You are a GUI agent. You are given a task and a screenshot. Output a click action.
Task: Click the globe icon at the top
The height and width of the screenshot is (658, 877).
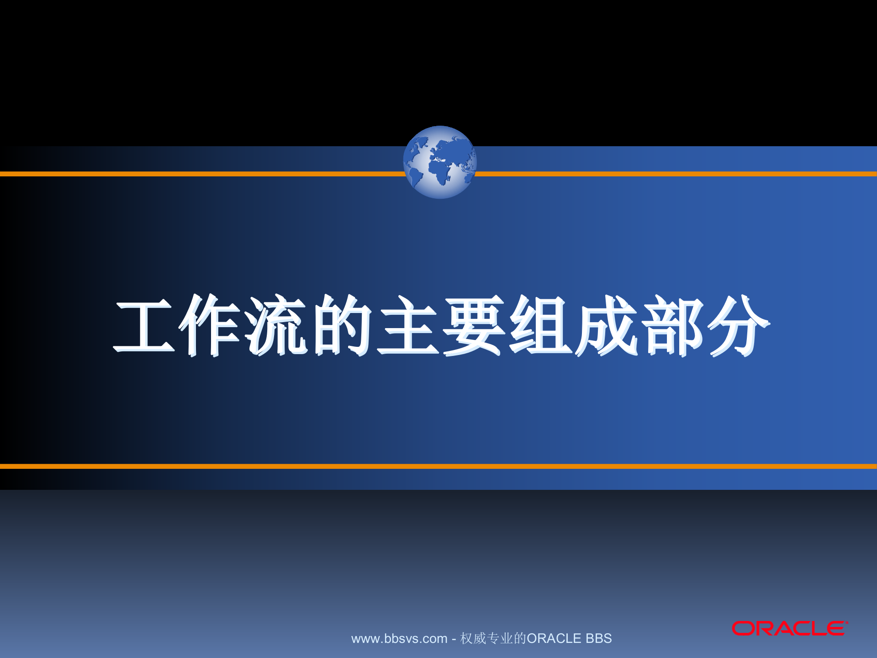coord(439,162)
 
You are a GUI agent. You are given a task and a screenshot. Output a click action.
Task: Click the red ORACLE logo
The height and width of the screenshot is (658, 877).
coord(789,629)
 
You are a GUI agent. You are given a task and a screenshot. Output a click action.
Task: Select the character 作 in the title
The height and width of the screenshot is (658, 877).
coord(210,325)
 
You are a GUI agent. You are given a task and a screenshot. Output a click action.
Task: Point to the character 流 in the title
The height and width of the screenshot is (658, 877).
coord(276,325)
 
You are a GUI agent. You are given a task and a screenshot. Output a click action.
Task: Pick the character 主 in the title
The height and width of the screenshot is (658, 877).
coord(408,325)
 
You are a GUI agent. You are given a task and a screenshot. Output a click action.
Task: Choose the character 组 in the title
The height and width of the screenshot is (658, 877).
coord(540,325)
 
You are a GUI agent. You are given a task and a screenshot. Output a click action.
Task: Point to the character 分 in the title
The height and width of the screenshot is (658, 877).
coord(738,325)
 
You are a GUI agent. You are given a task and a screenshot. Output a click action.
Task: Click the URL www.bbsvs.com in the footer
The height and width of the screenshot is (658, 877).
coord(399,639)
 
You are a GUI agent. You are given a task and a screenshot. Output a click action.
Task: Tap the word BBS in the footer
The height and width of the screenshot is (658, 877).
coord(598,638)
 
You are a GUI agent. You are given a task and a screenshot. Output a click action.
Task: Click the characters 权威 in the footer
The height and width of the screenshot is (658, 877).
coord(473,638)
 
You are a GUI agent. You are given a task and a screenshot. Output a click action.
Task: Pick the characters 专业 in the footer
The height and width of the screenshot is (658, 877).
coord(500,638)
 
